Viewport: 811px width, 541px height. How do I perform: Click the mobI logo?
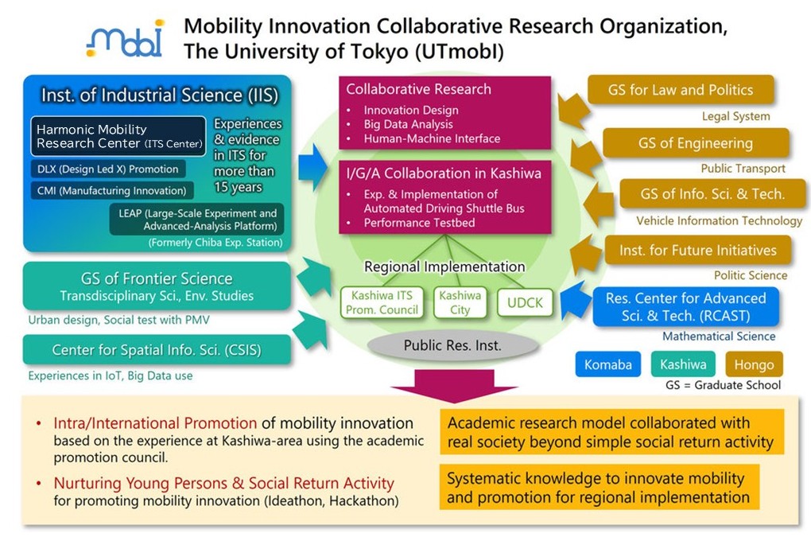125,38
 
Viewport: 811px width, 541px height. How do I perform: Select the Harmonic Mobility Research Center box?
118,136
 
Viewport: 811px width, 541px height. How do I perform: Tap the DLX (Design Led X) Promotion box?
107,169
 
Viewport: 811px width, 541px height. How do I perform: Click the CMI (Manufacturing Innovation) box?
112,190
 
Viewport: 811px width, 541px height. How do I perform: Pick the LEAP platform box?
197,220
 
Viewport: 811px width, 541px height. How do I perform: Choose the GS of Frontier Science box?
157,286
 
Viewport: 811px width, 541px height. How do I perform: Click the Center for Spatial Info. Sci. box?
157,350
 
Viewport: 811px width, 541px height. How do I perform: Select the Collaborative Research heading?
418,89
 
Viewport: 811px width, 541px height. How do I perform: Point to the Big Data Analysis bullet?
408,124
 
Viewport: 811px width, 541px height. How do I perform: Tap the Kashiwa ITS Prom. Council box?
382,302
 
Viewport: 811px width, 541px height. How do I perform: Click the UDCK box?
525,302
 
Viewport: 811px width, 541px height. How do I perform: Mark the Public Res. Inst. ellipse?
452,345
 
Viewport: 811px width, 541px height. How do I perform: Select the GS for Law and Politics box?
681,90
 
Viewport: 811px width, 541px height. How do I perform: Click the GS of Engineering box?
696,143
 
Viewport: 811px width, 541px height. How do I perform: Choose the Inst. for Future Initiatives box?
698,250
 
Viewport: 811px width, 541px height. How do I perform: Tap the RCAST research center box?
686,307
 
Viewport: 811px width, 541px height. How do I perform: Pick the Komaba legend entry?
607,364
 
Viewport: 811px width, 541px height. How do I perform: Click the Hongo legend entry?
754,364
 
